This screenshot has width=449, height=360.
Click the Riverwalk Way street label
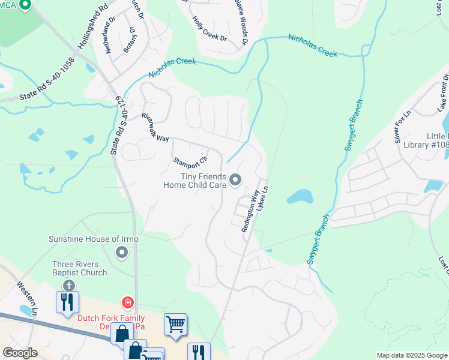point(155,127)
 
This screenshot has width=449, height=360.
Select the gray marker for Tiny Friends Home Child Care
point(235,179)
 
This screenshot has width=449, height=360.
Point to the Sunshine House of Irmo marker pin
point(122,252)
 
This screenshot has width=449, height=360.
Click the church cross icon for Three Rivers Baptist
point(70,285)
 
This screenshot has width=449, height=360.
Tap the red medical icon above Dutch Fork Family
point(127,302)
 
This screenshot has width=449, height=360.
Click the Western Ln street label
point(28,299)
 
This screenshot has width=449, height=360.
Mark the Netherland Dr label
point(110,37)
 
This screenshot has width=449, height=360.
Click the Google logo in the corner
point(20,353)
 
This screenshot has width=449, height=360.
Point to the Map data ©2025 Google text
point(411,355)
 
